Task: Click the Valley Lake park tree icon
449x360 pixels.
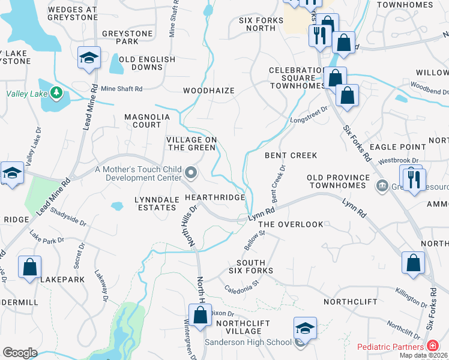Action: pos(56,93)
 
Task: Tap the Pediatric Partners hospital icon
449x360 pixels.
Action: pos(432,346)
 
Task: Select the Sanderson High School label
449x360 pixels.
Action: pos(248,343)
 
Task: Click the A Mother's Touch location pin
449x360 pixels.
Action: pos(191,173)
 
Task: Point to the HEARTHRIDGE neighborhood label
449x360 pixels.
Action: pos(215,197)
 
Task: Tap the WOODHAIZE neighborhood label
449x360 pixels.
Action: pos(208,91)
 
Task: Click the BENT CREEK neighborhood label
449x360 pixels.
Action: pos(291,155)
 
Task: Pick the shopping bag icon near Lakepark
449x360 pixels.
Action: pos(29,267)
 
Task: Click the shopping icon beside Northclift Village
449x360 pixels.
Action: pos(200,314)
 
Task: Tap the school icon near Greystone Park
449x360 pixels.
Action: pos(89,58)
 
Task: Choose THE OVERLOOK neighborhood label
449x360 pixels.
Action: pos(290,224)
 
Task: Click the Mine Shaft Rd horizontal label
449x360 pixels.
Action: pos(121,89)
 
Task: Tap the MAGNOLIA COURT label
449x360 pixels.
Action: pos(143,121)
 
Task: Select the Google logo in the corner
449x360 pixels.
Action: pos(20,353)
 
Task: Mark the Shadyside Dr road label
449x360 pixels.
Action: pos(68,217)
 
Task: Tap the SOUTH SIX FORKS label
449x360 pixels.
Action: pos(255,267)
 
